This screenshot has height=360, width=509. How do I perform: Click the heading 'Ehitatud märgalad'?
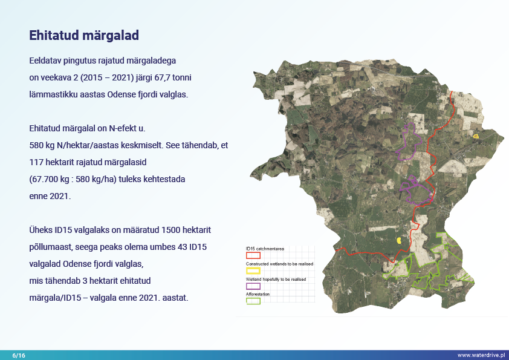84,36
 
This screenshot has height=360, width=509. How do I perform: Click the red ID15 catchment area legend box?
253,255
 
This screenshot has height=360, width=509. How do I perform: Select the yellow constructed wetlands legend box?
253,270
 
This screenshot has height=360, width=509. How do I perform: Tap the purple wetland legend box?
253,286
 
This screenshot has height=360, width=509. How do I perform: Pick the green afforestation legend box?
253,301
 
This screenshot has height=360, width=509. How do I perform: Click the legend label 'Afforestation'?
258,294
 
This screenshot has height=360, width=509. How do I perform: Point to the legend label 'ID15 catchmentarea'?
265,249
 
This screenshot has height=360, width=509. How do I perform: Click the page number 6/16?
19,355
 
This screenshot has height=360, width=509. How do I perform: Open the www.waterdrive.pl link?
481,355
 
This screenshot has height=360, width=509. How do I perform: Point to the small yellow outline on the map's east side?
476,137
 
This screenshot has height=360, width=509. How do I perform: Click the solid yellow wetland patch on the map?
399,240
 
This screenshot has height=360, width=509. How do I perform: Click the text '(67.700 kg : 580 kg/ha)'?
73,179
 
